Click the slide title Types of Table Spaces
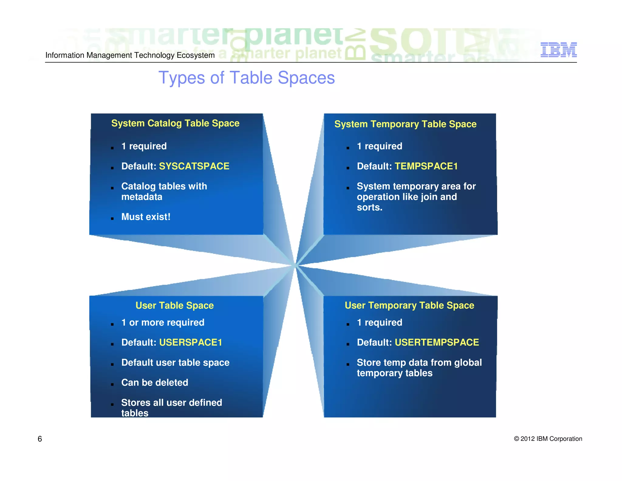point(246,78)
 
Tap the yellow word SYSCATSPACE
point(194,166)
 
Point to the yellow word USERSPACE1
point(190,343)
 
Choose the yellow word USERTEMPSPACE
point(436,343)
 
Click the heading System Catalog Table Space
point(175,123)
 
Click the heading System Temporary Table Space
point(405,124)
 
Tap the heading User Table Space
point(174,305)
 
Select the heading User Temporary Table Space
point(409,305)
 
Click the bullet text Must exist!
point(146,217)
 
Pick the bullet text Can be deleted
point(155,382)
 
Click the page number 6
point(40,439)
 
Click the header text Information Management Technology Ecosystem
point(130,55)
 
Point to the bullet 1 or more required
point(162,323)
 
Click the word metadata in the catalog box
point(142,197)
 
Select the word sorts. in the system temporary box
point(369,207)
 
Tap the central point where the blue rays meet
point(296,266)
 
